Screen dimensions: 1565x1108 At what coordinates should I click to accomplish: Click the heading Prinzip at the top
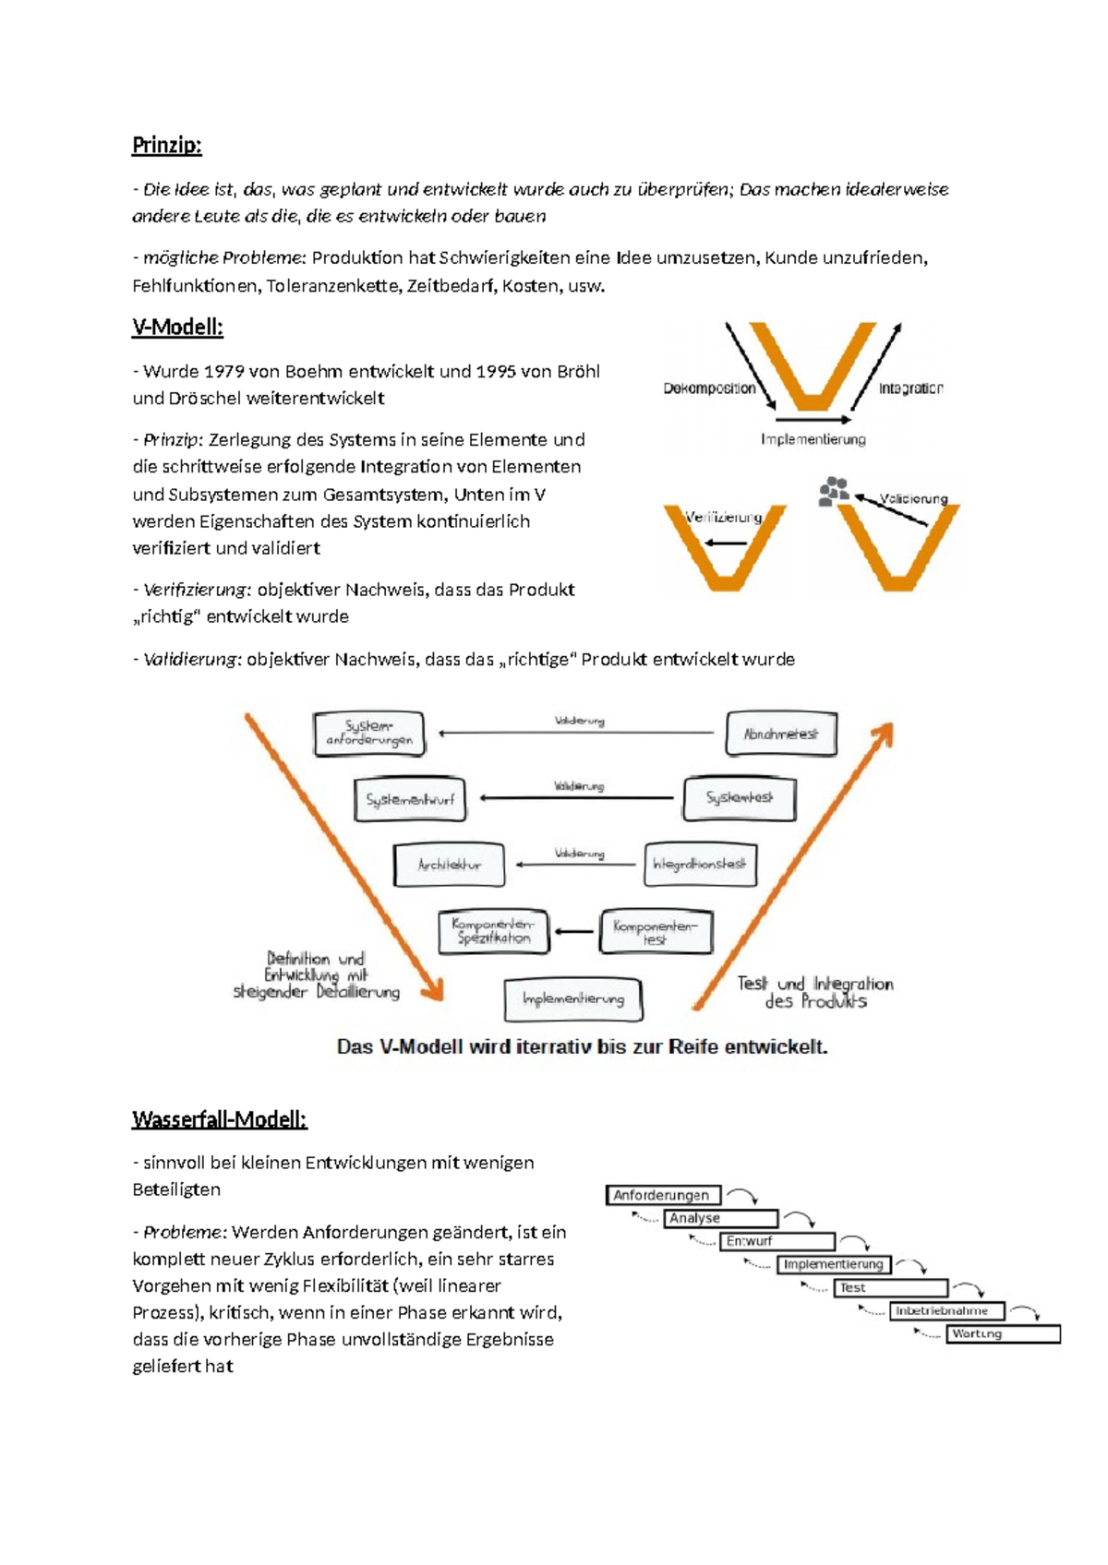point(166,145)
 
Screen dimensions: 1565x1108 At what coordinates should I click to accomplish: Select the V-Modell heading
point(177,327)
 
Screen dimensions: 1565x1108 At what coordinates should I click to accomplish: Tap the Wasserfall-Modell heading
point(219,1119)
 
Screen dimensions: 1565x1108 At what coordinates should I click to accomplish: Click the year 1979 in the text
point(223,372)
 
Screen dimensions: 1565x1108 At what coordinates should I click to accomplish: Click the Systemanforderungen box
point(369,734)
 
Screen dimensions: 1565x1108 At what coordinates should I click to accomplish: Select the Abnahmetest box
point(781,734)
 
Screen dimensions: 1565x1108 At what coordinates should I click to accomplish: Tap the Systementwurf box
point(410,799)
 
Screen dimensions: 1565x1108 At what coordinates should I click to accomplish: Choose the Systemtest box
point(739,798)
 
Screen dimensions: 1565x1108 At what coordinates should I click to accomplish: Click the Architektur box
point(449,865)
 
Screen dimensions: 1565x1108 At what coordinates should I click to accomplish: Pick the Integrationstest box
point(700,865)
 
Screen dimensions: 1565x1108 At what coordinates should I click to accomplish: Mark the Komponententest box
point(656,931)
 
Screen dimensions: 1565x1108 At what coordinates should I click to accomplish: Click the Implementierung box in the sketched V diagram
point(573,999)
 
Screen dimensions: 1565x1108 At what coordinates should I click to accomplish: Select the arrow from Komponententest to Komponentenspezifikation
point(574,932)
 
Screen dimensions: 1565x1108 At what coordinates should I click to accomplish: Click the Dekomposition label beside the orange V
point(709,388)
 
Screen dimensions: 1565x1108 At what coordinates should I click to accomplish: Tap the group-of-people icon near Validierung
point(834,490)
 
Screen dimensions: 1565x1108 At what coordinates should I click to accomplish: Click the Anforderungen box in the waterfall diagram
point(663,1195)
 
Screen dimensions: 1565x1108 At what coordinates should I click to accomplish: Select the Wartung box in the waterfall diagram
point(1003,1333)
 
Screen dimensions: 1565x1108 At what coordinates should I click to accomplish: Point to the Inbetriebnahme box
point(945,1310)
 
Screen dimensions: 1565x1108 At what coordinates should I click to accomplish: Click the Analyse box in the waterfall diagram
point(720,1218)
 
